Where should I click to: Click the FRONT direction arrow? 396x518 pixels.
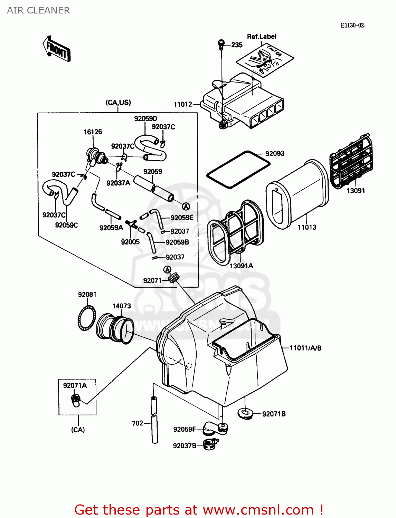pyautogui.click(x=57, y=49)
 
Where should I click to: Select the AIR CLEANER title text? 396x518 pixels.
pyautogui.click(x=38, y=10)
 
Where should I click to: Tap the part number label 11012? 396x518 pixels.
pyautogui.click(x=183, y=104)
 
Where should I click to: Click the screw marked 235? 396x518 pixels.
pyautogui.click(x=221, y=44)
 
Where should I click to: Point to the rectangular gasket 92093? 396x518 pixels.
pyautogui.click(x=238, y=169)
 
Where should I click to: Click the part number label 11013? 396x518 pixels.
pyautogui.click(x=307, y=227)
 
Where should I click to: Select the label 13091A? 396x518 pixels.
pyautogui.click(x=241, y=266)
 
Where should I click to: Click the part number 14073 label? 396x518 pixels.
pyautogui.click(x=121, y=306)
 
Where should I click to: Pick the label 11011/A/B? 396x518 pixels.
pyautogui.click(x=305, y=348)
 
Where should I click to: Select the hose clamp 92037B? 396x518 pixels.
pyautogui.click(x=210, y=444)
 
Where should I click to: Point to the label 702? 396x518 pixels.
pyautogui.click(x=137, y=423)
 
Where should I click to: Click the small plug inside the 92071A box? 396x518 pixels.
pyautogui.click(x=76, y=400)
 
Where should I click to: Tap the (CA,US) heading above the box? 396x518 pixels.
pyautogui.click(x=118, y=103)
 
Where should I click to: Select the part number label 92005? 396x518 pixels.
pyautogui.click(x=130, y=242)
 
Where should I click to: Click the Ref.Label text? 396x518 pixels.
pyautogui.click(x=262, y=37)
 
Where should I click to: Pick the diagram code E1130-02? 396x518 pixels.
pyautogui.click(x=352, y=26)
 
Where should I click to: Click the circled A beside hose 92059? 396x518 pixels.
pyautogui.click(x=186, y=207)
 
